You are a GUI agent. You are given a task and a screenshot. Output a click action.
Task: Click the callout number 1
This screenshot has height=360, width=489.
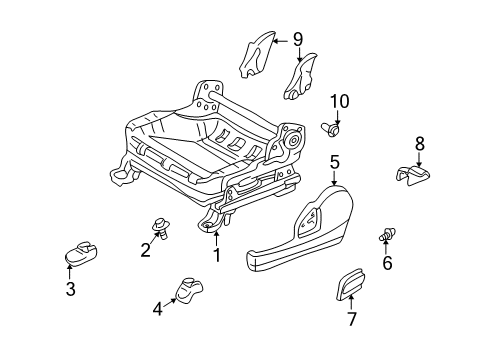(x=215, y=254)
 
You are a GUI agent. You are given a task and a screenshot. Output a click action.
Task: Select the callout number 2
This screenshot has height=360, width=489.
(x=145, y=250)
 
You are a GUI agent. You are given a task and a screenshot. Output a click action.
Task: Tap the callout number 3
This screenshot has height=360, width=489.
(x=70, y=290)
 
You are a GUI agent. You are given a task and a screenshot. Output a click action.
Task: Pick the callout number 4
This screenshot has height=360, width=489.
(x=156, y=309)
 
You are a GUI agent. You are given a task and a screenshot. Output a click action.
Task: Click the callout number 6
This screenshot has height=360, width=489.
(x=387, y=264)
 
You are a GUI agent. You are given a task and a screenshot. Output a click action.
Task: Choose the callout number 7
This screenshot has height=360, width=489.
(x=350, y=319)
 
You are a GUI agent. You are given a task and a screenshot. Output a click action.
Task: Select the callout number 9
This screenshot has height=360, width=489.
(x=297, y=39)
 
